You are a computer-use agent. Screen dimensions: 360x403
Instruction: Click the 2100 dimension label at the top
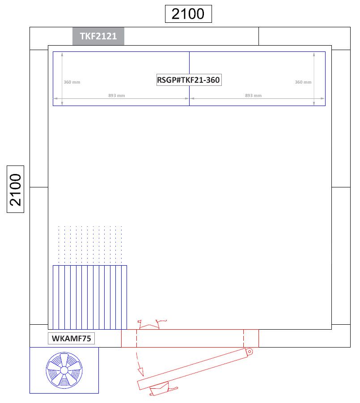(188, 14)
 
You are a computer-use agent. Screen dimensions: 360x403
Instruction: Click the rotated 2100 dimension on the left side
(15, 189)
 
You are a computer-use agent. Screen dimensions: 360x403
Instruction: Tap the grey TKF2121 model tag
(98, 36)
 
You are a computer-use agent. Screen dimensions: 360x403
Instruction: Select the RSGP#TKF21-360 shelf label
(189, 80)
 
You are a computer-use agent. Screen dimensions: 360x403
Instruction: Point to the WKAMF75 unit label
(71, 338)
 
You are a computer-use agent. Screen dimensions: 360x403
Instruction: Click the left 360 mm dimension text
(72, 82)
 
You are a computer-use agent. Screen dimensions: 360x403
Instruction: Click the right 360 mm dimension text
(303, 82)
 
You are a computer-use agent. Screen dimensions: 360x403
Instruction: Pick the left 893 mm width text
(116, 96)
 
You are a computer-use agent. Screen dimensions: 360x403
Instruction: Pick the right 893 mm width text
(253, 96)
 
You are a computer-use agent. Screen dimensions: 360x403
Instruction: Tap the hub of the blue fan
(64, 370)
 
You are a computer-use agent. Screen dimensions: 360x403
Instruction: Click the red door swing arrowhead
(140, 372)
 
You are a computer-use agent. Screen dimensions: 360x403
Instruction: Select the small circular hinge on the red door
(249, 352)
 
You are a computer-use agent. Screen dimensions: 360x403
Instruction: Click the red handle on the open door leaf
(163, 389)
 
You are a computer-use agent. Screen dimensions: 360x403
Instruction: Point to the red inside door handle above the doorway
(152, 324)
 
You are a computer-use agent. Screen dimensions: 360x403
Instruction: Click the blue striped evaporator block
(90, 297)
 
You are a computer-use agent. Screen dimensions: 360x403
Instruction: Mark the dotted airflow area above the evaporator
(90, 245)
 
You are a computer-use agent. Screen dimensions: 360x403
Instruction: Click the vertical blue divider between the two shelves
(189, 79)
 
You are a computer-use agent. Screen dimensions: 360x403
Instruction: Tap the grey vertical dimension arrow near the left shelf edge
(62, 79)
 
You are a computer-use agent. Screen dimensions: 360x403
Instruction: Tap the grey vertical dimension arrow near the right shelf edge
(314, 79)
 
